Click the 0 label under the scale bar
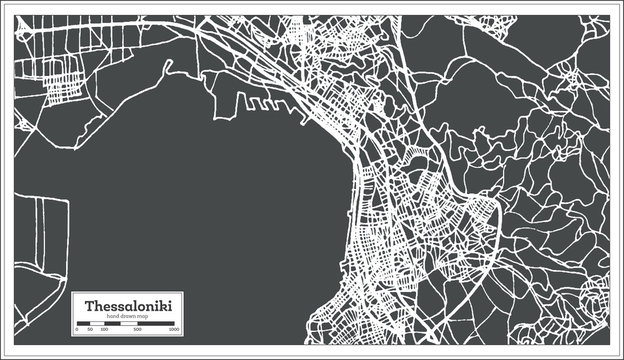point(77,329)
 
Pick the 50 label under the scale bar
point(90,329)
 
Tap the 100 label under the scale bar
point(103,329)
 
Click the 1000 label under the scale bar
point(174,329)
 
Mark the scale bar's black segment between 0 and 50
point(83,323)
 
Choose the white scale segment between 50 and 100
point(96,323)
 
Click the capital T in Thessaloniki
point(89,305)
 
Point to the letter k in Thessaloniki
point(166,305)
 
